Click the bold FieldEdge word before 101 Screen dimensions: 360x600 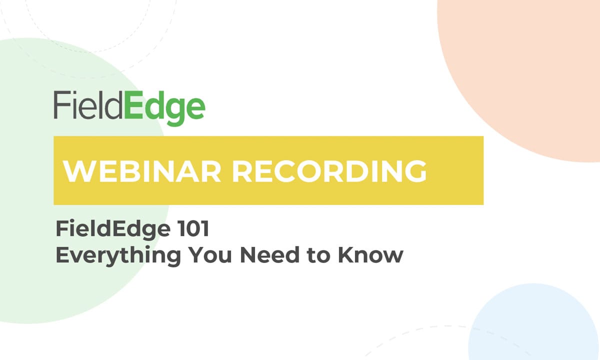coord(112,230)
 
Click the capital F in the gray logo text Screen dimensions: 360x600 coord(60,105)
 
